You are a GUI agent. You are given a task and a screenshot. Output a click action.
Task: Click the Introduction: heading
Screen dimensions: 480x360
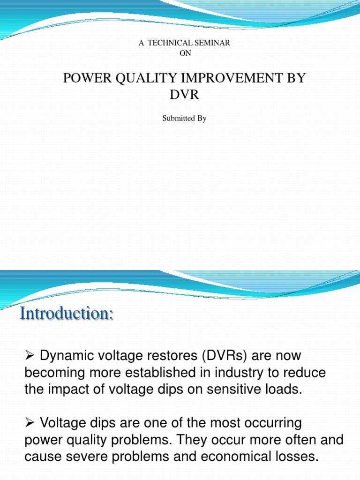[67, 313]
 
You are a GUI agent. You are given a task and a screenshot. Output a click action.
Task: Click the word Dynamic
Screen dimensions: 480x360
[67, 356]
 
